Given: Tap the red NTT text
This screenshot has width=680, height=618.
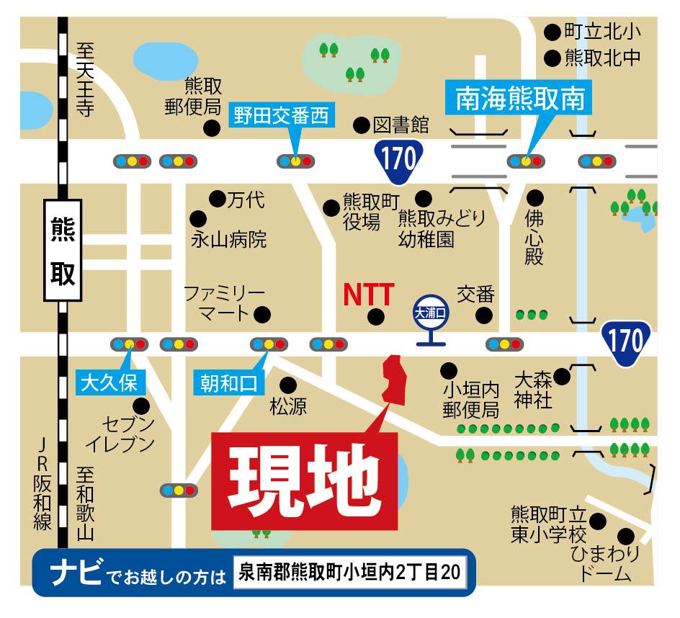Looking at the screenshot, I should pyautogui.click(x=368, y=295).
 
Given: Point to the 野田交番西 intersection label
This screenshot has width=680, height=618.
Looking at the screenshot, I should pyautogui.click(x=283, y=116).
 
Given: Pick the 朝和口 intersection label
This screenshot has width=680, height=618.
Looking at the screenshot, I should pyautogui.click(x=228, y=382).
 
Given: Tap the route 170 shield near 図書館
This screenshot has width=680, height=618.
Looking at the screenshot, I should pyautogui.click(x=400, y=158).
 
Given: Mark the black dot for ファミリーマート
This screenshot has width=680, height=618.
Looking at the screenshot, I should pyautogui.click(x=263, y=314).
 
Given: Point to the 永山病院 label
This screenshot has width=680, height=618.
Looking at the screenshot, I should pyautogui.click(x=228, y=240).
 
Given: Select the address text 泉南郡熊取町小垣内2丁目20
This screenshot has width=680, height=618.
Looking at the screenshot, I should pyautogui.click(x=351, y=575).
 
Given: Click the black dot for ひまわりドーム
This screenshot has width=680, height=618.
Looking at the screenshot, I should pyautogui.click(x=626, y=537).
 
